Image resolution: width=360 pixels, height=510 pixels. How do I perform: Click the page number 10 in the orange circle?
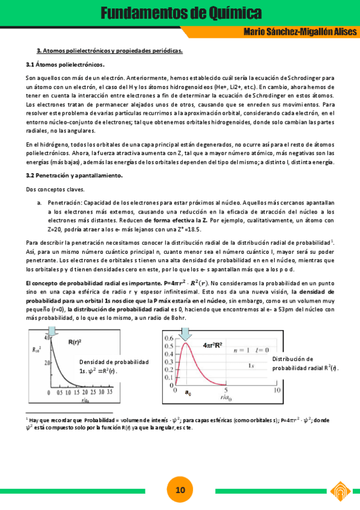[180, 490]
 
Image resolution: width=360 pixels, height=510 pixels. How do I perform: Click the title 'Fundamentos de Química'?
[180, 12]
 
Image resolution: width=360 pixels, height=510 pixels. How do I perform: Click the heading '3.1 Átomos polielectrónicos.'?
[65, 64]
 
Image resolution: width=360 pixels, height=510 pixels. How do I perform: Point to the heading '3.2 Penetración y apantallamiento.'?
[74, 175]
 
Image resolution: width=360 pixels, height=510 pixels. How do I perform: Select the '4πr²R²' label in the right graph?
[213, 345]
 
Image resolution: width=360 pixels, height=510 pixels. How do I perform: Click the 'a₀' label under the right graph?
[188, 393]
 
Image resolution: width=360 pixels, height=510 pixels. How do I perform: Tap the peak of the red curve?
[186, 343]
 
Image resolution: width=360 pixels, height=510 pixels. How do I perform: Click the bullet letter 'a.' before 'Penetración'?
[40, 203]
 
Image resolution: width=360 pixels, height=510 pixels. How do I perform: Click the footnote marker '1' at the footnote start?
[27, 416]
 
